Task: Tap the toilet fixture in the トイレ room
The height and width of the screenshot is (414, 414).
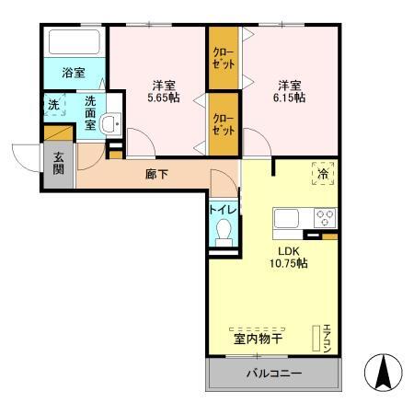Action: [223, 232]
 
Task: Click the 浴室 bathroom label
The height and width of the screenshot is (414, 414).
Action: [74, 72]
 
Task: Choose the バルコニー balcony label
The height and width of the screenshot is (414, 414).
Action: [273, 374]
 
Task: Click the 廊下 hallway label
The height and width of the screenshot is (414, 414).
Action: [156, 174]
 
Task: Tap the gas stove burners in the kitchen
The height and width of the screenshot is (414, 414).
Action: [326, 219]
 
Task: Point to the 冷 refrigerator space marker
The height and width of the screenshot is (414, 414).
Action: [323, 172]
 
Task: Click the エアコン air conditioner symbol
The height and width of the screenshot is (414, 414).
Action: [324, 339]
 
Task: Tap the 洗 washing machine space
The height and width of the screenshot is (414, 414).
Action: [53, 105]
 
